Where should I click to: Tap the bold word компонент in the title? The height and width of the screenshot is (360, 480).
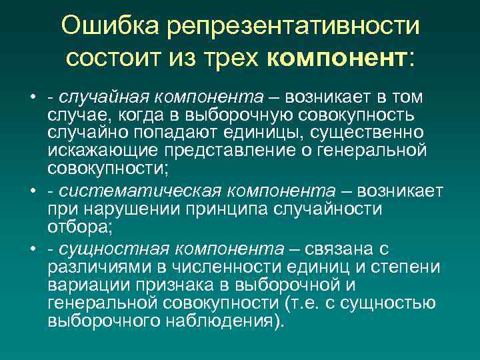[337, 57]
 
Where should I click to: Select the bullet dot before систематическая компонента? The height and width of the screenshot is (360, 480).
[33, 192]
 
